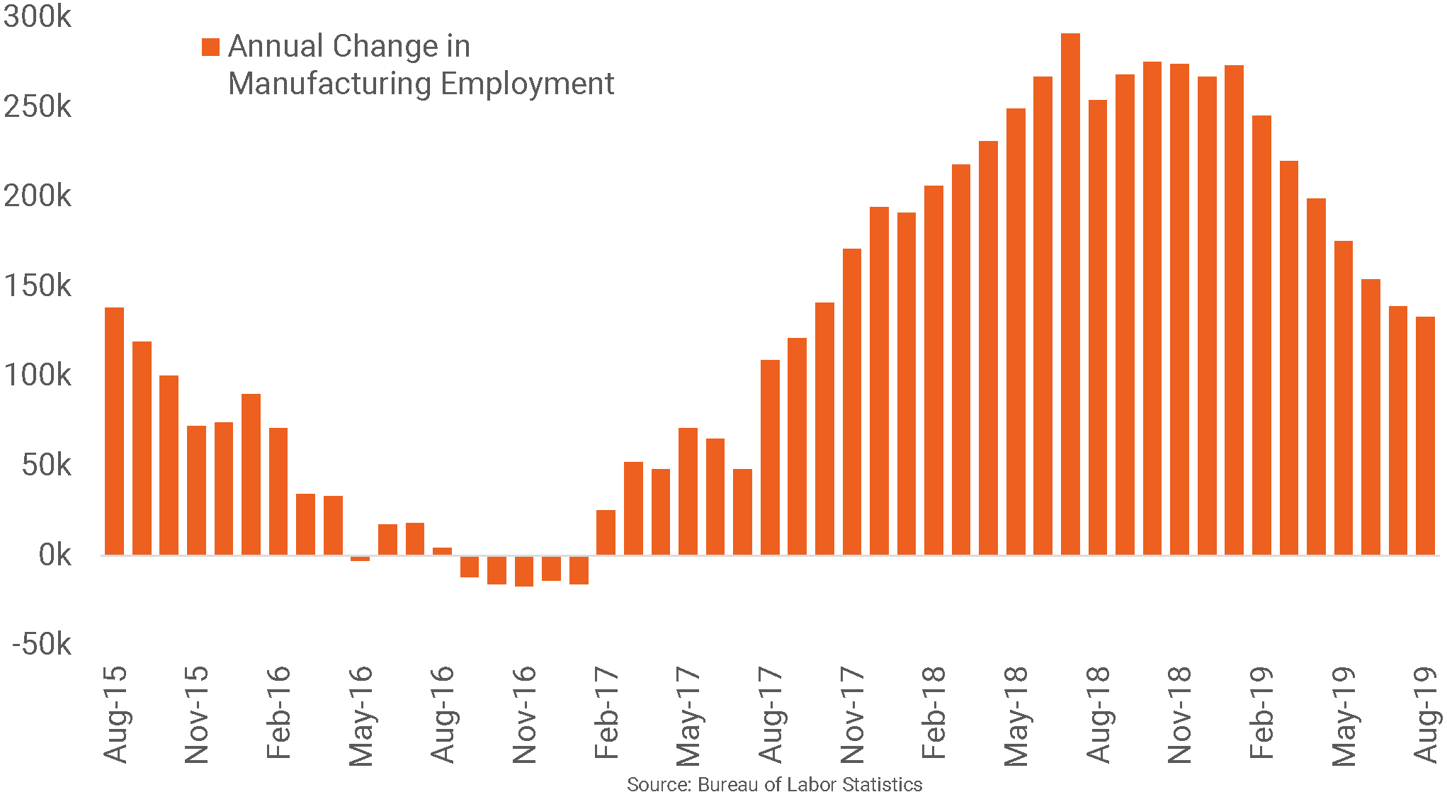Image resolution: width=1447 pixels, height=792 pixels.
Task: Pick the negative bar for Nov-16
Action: (x=524, y=571)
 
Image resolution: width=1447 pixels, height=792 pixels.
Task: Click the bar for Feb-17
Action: (x=606, y=532)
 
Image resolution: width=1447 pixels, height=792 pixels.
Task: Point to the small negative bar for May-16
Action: (x=360, y=558)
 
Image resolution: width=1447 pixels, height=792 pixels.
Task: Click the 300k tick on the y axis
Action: (x=37, y=16)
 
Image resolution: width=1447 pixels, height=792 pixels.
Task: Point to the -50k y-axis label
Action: (x=41, y=644)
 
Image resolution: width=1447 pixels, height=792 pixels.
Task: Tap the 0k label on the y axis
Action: (x=54, y=555)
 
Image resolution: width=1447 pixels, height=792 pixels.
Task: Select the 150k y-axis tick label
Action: (x=37, y=285)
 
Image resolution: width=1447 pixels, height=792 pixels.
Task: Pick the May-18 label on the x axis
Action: (x=1016, y=715)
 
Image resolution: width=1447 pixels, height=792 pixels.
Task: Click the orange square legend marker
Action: (x=210, y=47)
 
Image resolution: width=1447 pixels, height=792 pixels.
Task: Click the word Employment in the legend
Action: (x=527, y=84)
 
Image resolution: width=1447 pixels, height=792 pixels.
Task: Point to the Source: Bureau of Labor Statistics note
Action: (x=774, y=783)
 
